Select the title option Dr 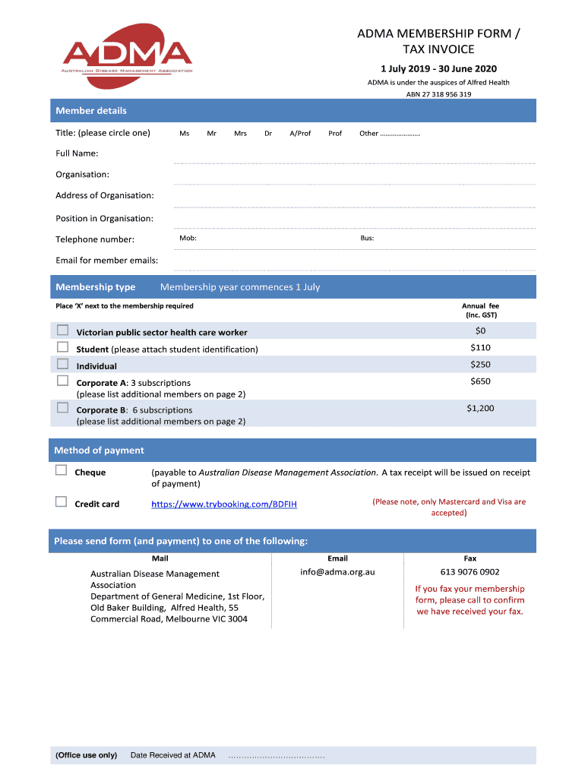pos(268,134)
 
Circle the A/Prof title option pos(300,134)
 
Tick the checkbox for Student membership pos(62,347)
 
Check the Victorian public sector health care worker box pos(62,330)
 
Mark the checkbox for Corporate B pos(62,408)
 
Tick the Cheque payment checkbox pos(62,471)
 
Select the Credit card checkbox pos(62,502)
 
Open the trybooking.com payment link pos(224,504)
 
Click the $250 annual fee pos(480,365)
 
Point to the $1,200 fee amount pos(480,409)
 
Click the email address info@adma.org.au pos(337,572)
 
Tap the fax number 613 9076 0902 pos(470,572)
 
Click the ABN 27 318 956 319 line pos(438,94)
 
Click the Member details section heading pos(91,111)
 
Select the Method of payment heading pos(99,451)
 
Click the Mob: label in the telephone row pos(188,239)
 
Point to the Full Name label pos(77,153)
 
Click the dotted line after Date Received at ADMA pos(277,756)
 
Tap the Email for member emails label pos(107,261)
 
